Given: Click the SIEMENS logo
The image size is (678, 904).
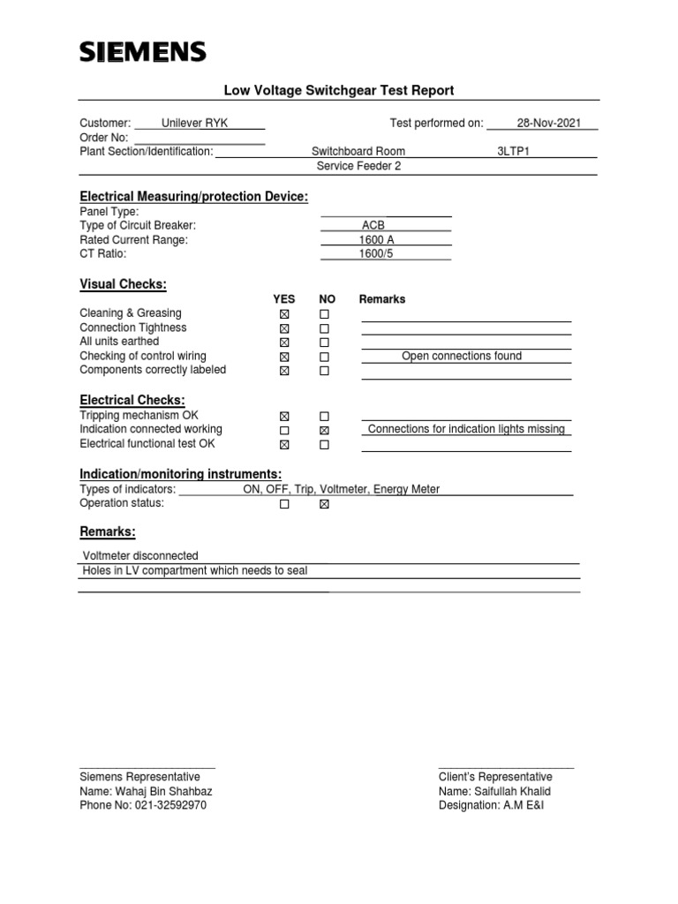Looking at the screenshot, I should point(142,53).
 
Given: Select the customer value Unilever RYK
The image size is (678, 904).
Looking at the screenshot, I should point(194,124).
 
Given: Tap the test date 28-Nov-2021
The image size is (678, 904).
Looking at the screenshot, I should point(548,124).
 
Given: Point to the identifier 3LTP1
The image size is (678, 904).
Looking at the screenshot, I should point(513,152).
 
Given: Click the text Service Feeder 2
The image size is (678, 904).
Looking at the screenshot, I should point(358,166).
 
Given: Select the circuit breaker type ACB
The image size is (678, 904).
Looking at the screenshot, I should point(373,226).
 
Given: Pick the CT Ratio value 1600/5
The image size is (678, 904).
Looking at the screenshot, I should point(373,254).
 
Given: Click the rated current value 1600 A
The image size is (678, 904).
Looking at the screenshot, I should point(375,240).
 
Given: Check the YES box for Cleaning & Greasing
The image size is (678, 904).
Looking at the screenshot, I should point(283,314).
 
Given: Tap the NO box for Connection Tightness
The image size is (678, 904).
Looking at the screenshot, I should point(324,328).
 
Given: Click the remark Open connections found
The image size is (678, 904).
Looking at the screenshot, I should point(462,357).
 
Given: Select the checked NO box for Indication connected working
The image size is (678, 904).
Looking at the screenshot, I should point(324,430).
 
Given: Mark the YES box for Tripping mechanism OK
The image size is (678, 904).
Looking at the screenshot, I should point(283,416).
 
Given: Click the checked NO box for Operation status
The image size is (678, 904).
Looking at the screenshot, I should point(324,504).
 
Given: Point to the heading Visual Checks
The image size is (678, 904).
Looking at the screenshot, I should point(123,284).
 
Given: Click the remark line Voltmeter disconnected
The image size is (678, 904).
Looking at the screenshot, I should point(141,556).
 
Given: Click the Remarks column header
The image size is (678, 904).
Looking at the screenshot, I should point(382,299).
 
